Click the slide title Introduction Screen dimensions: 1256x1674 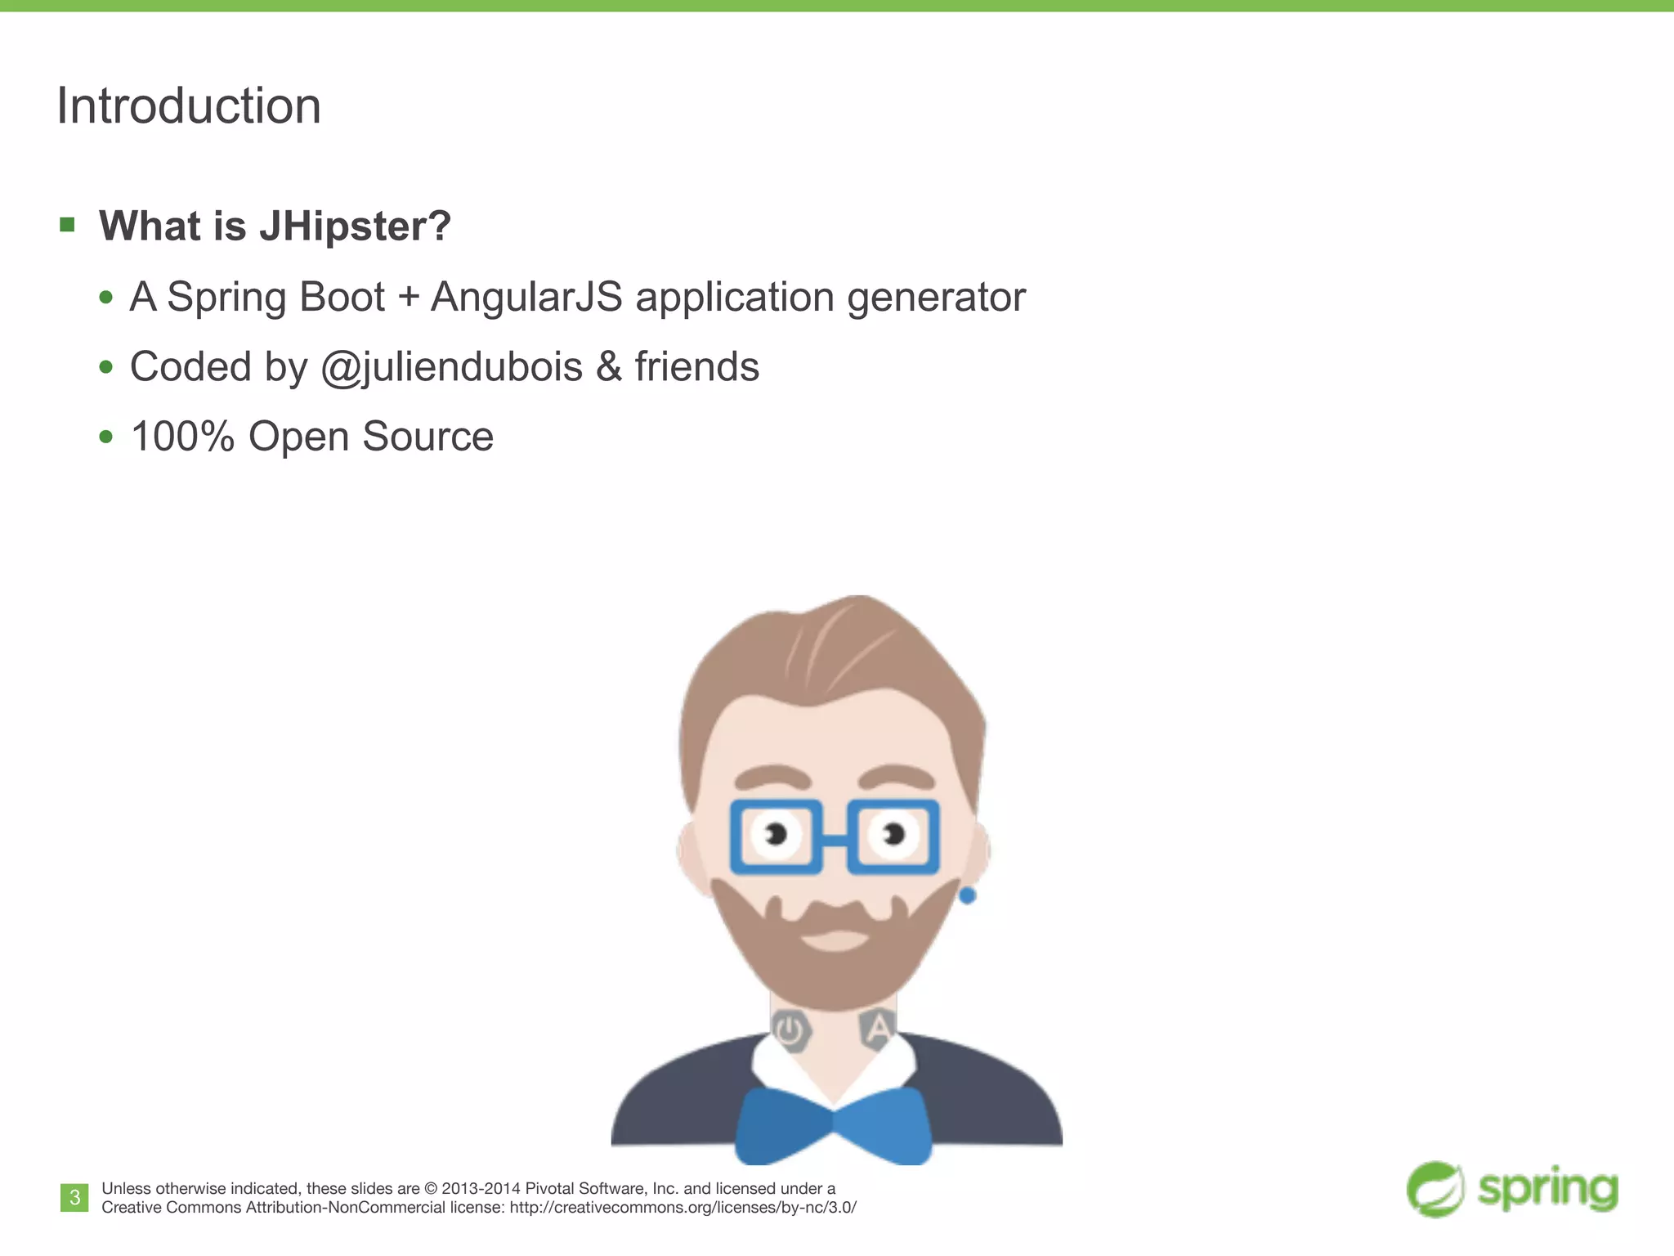[189, 106]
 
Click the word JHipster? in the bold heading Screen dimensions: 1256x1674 [355, 226]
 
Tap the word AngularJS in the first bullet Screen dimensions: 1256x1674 [526, 297]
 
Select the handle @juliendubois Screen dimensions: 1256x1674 [451, 367]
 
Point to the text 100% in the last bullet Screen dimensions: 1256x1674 [182, 437]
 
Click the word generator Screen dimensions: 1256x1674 [936, 297]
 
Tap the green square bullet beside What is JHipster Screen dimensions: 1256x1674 [67, 224]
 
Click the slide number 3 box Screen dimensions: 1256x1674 [74, 1198]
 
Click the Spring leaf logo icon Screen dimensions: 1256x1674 [1435, 1189]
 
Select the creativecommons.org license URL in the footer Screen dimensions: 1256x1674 [683, 1208]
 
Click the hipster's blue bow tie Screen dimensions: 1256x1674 [834, 1124]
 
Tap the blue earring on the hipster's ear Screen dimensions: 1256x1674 [967, 896]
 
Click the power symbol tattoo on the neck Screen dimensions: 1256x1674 [790, 1030]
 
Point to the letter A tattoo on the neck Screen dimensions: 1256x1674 [877, 1029]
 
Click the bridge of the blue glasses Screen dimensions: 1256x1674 [834, 838]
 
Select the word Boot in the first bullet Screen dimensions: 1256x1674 [342, 297]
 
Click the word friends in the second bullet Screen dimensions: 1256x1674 [696, 367]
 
